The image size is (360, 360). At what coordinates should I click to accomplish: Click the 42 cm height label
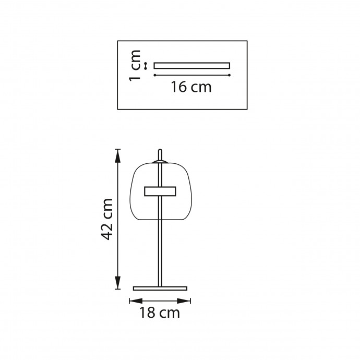(x=107, y=219)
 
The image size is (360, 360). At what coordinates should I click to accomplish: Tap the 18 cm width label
(x=160, y=313)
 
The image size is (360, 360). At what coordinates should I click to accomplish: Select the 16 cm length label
(x=191, y=87)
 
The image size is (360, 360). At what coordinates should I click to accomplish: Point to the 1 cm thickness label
(x=134, y=65)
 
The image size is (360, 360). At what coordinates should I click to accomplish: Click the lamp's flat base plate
(x=160, y=289)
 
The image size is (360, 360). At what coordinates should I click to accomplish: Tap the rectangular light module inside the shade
(x=160, y=191)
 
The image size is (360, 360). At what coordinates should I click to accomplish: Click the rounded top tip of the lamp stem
(x=160, y=151)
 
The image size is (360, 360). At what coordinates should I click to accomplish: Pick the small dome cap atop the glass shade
(x=160, y=162)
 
